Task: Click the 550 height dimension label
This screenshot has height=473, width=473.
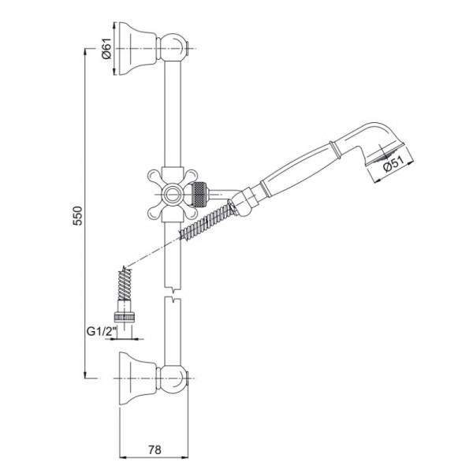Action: pos(78,215)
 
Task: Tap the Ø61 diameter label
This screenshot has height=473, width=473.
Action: pos(106,49)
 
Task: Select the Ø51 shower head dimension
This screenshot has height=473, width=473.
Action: pos(393,164)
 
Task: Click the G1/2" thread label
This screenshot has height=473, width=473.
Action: pos(102,332)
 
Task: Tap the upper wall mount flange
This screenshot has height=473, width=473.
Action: pos(138,48)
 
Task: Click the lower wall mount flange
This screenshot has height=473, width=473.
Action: pos(138,378)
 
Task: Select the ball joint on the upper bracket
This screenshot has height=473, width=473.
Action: pos(172,48)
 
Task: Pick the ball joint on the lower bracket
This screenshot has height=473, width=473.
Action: pos(172,378)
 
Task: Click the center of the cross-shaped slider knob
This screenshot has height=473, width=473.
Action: pos(173,194)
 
